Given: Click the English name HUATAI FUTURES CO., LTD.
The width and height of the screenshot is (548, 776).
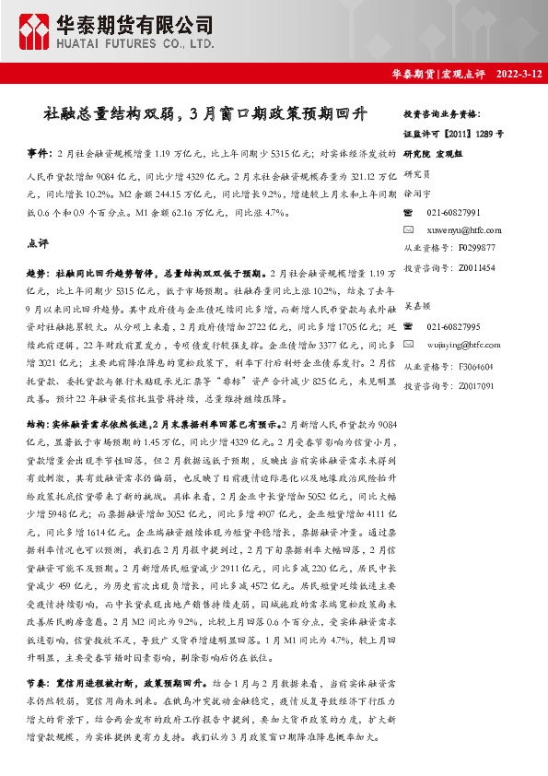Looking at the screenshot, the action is pyautogui.click(x=136, y=43).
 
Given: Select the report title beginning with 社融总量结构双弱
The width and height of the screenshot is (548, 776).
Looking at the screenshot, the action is pyautogui.click(x=206, y=114).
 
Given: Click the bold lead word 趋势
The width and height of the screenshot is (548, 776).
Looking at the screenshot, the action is pyautogui.click(x=36, y=276).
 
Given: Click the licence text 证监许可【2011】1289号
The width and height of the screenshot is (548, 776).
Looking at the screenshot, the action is pyautogui.click(x=454, y=133).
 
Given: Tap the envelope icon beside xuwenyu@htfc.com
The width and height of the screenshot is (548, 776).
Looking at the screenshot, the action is pyautogui.click(x=409, y=229).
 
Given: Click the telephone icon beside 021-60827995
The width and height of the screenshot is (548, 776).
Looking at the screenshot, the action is pyautogui.click(x=409, y=328).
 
